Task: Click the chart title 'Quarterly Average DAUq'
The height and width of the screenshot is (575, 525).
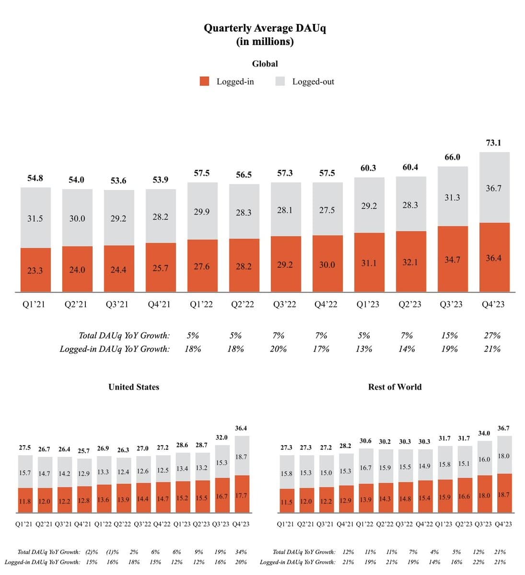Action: point(265,28)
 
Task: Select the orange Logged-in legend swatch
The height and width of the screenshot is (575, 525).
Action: point(205,81)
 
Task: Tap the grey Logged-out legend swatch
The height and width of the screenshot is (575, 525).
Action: point(280,81)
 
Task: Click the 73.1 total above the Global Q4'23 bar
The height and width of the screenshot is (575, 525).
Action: point(493,143)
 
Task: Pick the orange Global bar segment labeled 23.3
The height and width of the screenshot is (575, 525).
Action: point(35,270)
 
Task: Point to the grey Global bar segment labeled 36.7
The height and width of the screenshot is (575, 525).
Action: point(494,188)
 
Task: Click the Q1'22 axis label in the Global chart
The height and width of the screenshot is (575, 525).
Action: point(201,304)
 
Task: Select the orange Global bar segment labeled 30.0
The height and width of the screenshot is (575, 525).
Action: point(327,264)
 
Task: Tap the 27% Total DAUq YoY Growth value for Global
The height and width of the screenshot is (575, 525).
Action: point(492,335)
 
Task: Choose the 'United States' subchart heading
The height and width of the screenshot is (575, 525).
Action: point(134,387)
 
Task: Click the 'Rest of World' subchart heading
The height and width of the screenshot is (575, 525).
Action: point(395,387)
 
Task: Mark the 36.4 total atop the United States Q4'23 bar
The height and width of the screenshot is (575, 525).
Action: point(242,428)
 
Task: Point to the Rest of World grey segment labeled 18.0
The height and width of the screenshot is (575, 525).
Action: point(504,456)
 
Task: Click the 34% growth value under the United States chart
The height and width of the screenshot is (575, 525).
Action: point(242,552)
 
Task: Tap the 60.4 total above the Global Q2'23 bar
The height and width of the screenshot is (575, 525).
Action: point(410,167)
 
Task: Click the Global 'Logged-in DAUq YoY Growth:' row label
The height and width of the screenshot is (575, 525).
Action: point(115,349)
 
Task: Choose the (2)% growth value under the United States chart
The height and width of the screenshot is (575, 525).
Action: point(92,552)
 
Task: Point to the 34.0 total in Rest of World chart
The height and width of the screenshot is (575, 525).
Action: point(484,433)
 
